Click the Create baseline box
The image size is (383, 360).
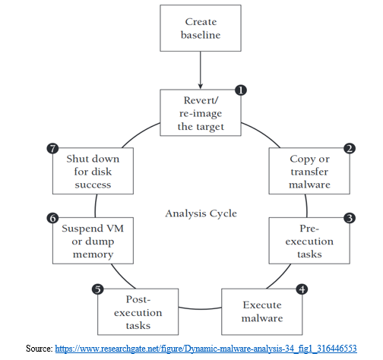(x=201, y=28)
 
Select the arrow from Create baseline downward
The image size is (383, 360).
(x=201, y=70)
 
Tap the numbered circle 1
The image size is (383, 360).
(x=241, y=90)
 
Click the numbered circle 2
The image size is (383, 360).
(x=350, y=148)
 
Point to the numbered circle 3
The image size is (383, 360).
(x=350, y=218)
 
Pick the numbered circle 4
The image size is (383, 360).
(x=302, y=289)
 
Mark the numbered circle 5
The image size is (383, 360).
(x=98, y=289)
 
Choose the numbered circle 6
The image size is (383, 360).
(x=52, y=218)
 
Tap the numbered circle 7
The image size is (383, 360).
(x=52, y=148)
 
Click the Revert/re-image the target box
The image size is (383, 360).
(x=201, y=112)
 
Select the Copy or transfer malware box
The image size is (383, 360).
(x=309, y=171)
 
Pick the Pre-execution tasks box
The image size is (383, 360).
(x=309, y=241)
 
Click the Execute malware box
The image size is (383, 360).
(x=262, y=311)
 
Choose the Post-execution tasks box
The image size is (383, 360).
(x=138, y=311)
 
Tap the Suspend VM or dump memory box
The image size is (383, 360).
(x=93, y=241)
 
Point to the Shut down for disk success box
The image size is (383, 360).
(x=93, y=171)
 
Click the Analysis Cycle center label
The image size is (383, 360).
(x=201, y=213)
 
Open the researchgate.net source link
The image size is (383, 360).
(x=206, y=349)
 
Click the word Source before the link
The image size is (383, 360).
(x=39, y=349)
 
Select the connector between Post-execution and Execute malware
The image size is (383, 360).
(x=200, y=309)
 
